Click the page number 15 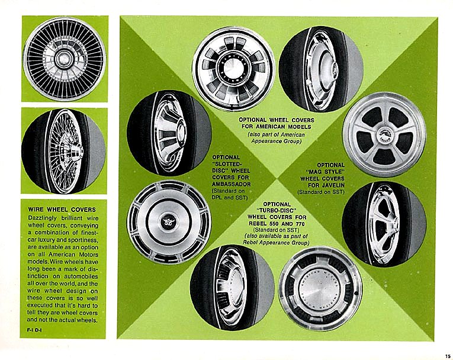pos(448,356)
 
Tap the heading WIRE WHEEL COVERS pos(62,210)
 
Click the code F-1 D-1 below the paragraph pos(34,330)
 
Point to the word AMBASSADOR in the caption pos(232,184)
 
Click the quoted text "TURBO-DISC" pos(277,210)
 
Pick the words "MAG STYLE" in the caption pos(325,172)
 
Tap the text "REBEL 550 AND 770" pos(277,224)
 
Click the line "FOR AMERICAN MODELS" pos(277,127)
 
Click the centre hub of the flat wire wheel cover pos(63,59)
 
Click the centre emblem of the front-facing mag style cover pos(384,134)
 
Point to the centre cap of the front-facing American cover pos(234,69)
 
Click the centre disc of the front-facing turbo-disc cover pos(320,288)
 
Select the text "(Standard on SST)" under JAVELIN pos(321,192)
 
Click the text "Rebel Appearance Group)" pos(276,242)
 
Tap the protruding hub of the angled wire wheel pos(76,152)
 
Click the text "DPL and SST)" pos(230,198)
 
